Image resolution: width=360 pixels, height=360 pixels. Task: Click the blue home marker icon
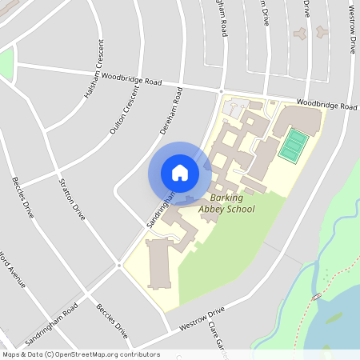pyautogui.click(x=180, y=173)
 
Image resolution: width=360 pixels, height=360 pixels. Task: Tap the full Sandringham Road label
pyautogui.click(x=51, y=324)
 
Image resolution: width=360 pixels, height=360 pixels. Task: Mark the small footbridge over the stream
pyautogui.click(x=317, y=297)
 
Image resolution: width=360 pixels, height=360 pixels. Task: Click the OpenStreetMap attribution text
pyautogui.click(x=80, y=354)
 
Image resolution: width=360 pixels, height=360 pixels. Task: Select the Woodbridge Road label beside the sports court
pyautogui.click(x=326, y=105)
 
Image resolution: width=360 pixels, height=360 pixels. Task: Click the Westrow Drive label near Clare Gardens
pyautogui.click(x=202, y=318)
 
